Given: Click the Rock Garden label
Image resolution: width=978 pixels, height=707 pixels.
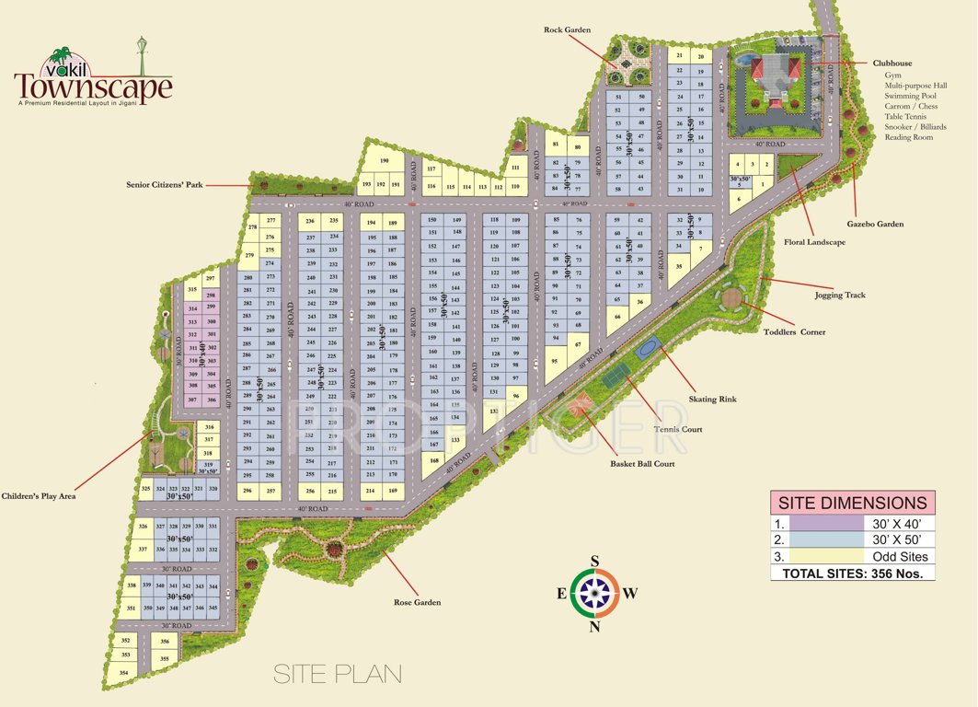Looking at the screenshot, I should pos(566,30).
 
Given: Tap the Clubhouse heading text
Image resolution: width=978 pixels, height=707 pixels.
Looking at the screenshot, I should pos(892,64).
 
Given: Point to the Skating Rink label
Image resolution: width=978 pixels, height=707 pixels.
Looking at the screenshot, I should pos(712,400).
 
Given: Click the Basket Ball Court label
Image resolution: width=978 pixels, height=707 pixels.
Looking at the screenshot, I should pos(642,464).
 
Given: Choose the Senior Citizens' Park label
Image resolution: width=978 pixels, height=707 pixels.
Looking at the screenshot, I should pos(164,185).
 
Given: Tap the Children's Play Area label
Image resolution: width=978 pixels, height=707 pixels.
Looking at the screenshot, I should pos(38,496).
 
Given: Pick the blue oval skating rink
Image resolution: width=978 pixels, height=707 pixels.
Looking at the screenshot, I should pos(648,348).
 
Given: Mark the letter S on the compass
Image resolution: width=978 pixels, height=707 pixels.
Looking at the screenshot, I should pos(595,561).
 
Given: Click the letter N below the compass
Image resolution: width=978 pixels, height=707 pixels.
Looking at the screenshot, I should pos(595,628).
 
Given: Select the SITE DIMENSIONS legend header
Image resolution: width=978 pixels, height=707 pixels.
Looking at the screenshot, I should pos(852,503).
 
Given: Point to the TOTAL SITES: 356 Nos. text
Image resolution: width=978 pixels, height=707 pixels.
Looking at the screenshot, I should pos(852,573).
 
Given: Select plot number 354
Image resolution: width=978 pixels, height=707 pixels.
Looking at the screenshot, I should pos(124,673).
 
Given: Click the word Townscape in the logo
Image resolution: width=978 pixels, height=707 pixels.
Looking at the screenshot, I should pos(93,87).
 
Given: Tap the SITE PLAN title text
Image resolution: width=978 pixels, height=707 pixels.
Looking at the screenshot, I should pos(338,674).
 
